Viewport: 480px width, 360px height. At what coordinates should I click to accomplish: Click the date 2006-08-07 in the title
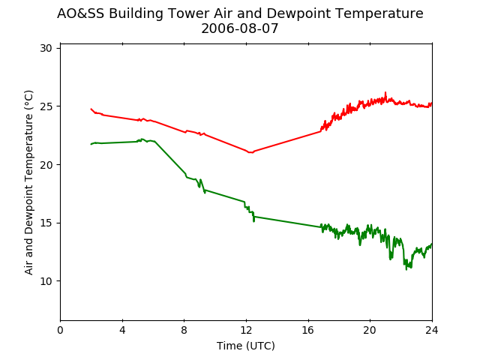(x=240, y=28)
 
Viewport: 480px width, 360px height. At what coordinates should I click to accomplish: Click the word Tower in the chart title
(x=189, y=13)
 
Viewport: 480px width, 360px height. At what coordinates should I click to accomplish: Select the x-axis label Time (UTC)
(x=246, y=346)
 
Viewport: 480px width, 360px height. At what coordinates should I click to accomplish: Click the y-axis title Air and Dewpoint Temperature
(x=28, y=182)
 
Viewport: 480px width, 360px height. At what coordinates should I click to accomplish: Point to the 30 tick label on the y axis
(x=46, y=48)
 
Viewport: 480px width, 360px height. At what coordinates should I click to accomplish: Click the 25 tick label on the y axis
(x=46, y=106)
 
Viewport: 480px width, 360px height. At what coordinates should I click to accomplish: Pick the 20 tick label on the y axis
(x=46, y=165)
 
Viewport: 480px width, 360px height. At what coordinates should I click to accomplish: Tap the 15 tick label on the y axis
(x=46, y=223)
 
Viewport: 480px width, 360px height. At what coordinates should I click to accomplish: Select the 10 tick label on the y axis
(x=46, y=281)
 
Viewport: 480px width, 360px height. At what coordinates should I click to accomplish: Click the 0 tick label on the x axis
(x=60, y=330)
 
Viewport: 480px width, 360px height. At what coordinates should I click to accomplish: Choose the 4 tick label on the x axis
(x=122, y=330)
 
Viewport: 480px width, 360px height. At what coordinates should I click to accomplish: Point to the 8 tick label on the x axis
(x=184, y=330)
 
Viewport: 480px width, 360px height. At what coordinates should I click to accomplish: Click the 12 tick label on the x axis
(x=247, y=330)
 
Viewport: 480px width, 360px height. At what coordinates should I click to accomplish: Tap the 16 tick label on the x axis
(x=308, y=330)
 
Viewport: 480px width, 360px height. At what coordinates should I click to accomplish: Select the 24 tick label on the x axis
(x=432, y=330)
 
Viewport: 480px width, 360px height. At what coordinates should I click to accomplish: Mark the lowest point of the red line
(x=251, y=152)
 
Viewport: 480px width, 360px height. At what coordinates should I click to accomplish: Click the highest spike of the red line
(x=385, y=92)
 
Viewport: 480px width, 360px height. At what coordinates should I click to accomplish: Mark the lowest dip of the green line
(x=406, y=270)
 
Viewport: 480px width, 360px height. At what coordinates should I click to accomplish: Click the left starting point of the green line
(x=91, y=144)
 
